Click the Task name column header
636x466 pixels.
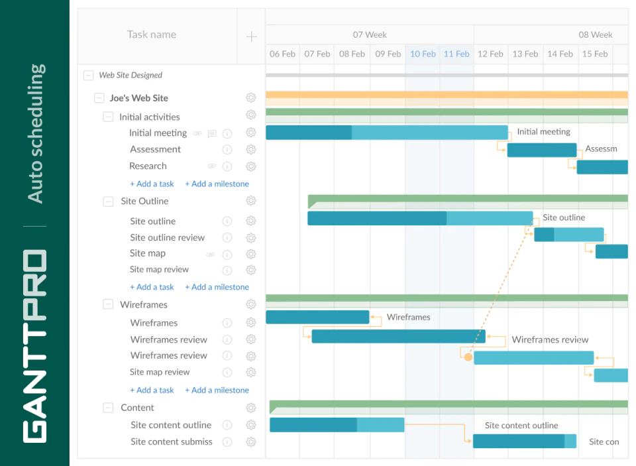click(152, 35)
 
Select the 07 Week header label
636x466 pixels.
click(370, 35)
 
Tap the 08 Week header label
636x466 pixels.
click(595, 35)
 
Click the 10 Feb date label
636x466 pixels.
click(423, 54)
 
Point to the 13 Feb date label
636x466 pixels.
click(525, 54)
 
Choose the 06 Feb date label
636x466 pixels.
click(283, 54)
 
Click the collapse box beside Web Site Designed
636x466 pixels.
click(88, 76)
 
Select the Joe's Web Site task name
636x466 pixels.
click(139, 98)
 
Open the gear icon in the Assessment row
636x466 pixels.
click(251, 150)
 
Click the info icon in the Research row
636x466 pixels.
click(227, 166)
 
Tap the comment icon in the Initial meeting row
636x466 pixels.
click(212, 133)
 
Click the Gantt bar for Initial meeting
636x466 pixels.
click(386, 133)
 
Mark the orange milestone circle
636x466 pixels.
click(468, 357)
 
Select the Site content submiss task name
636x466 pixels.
click(172, 442)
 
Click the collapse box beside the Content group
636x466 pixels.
click(108, 408)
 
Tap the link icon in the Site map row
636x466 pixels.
click(210, 254)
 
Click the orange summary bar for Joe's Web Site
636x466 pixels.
click(447, 95)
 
